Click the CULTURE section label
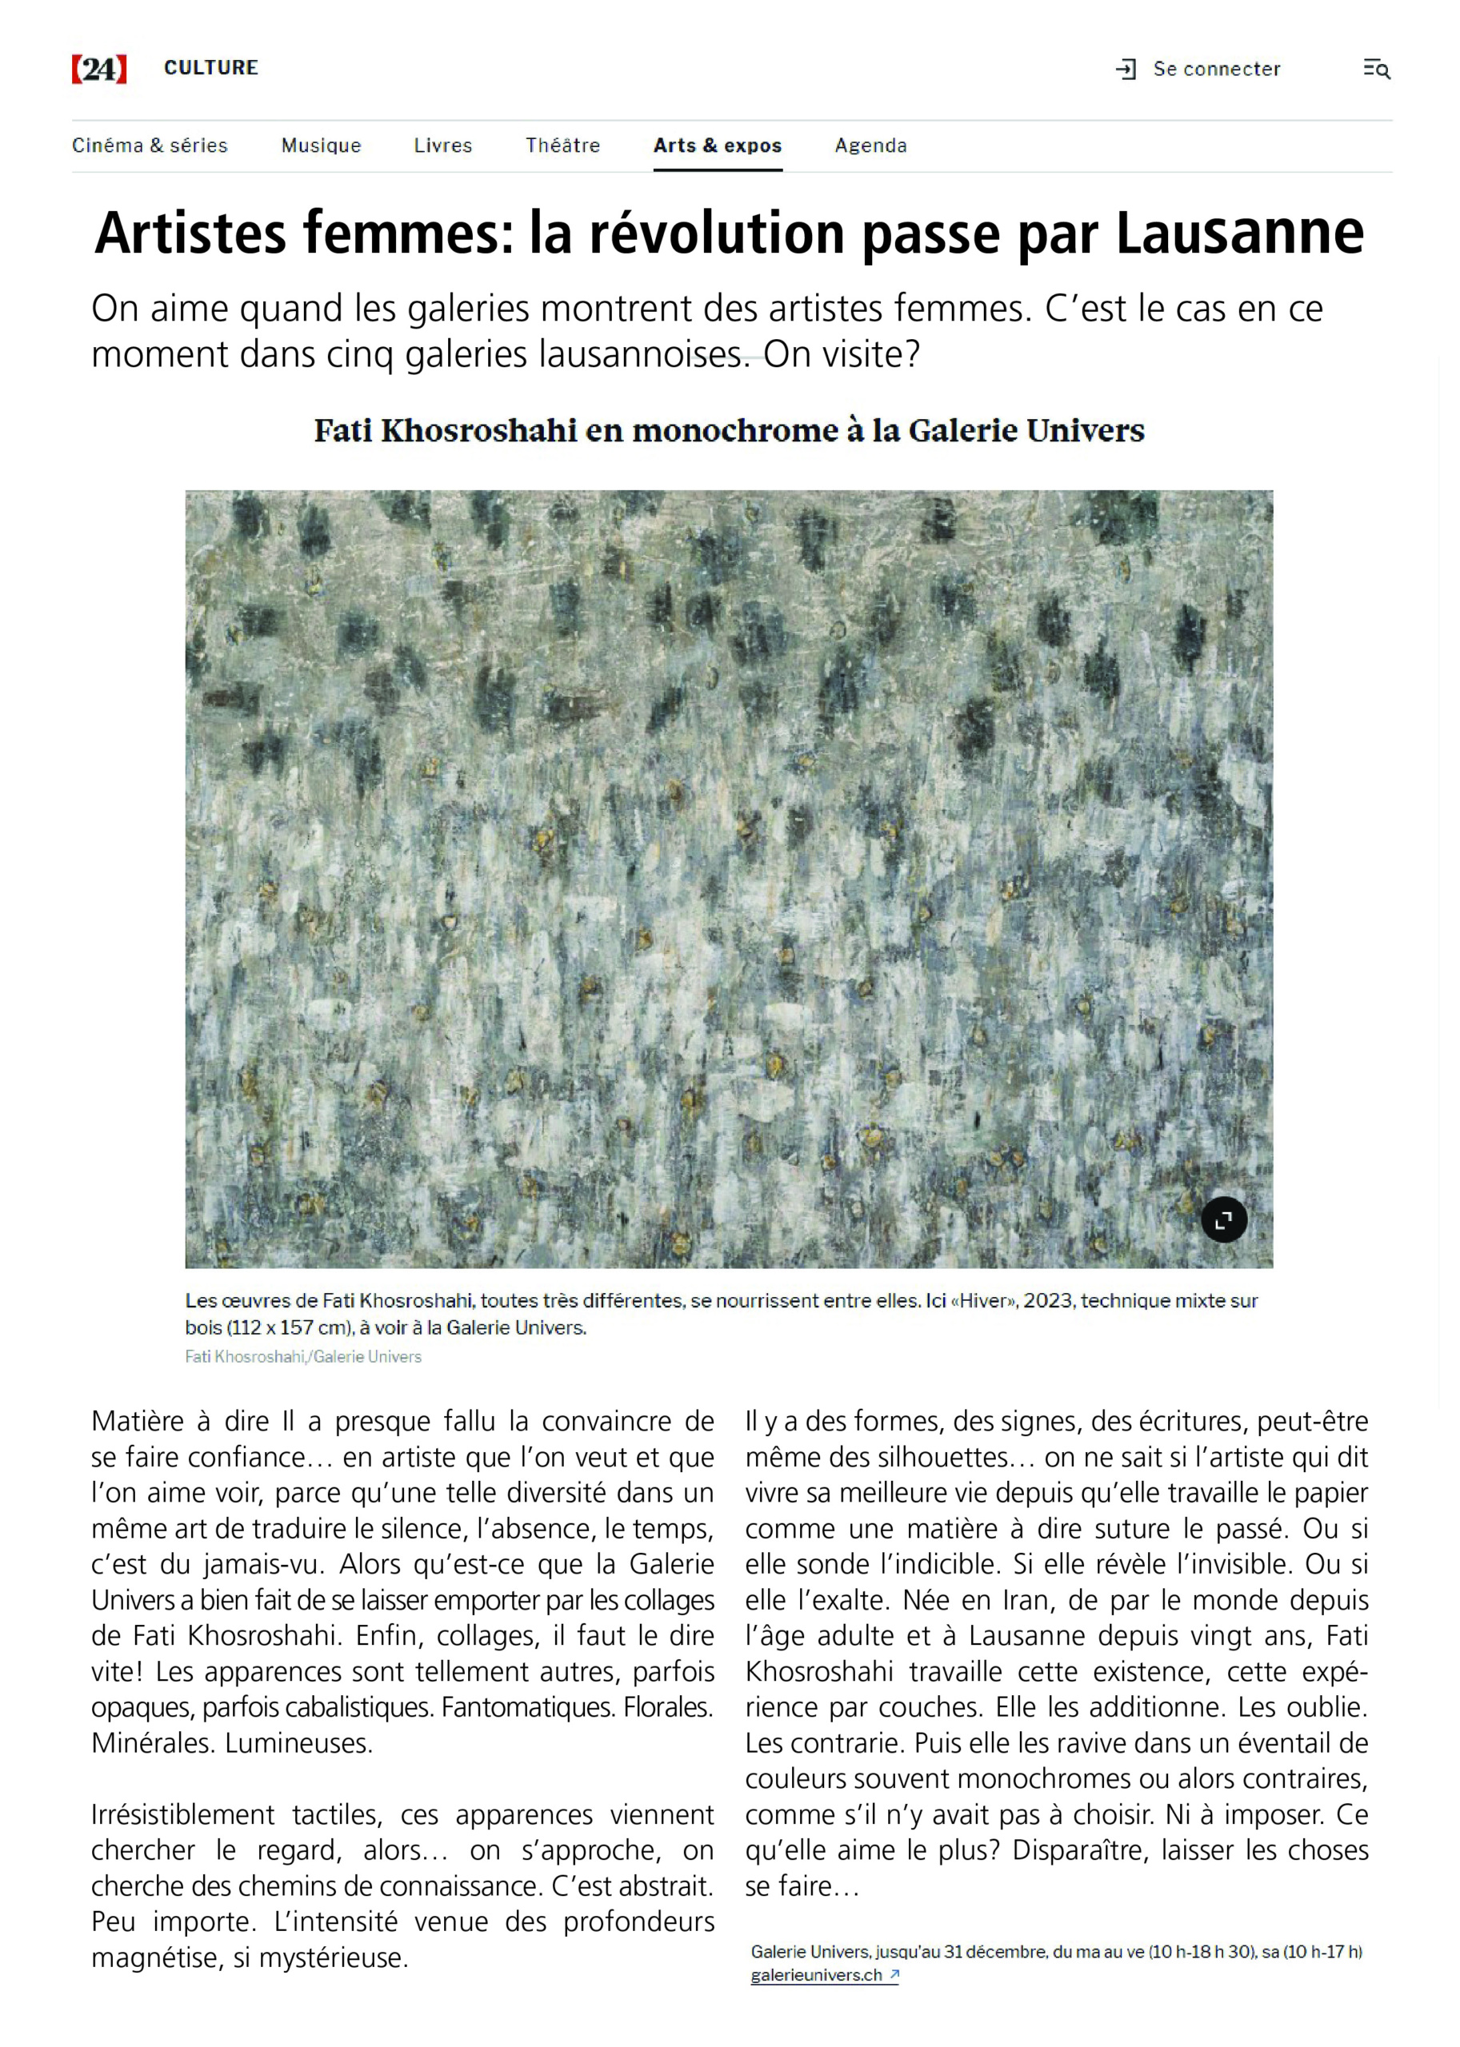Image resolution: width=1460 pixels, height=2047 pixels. tap(211, 68)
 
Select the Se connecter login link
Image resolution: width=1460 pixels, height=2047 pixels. tap(1215, 70)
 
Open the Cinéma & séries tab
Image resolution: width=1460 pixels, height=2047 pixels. tap(150, 146)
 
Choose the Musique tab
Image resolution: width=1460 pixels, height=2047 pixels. tap(321, 146)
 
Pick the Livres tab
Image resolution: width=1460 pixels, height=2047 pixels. tap(443, 146)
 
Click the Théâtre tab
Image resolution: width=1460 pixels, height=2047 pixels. tap(562, 146)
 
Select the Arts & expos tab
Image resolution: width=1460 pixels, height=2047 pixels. tap(718, 146)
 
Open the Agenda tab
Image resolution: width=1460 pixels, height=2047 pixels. tap(870, 146)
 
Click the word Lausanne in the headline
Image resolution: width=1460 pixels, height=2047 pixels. tap(1240, 233)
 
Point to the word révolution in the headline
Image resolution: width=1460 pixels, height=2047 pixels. tap(718, 233)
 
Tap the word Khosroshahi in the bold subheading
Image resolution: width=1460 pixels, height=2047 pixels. tap(479, 430)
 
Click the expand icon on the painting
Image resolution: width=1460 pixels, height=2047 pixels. tap(1223, 1219)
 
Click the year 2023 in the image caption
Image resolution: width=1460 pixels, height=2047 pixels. tap(1046, 1300)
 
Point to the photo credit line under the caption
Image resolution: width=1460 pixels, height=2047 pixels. tap(303, 1356)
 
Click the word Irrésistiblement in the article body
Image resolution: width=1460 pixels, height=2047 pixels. tap(182, 1814)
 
